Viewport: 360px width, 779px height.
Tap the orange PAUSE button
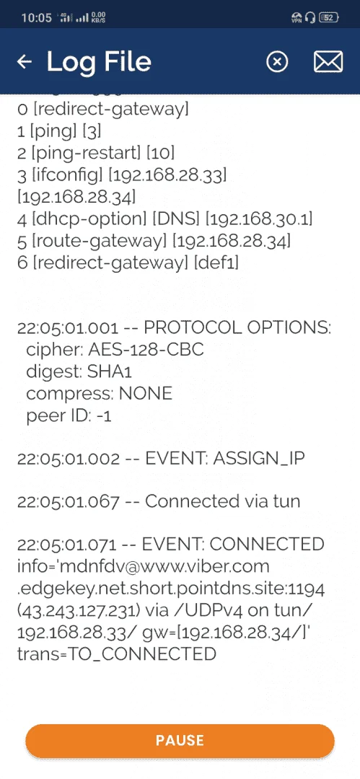[x=180, y=741]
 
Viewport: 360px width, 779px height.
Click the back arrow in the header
[x=24, y=61]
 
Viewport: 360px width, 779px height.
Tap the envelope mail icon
[x=328, y=62]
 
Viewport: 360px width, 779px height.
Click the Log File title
[x=99, y=61]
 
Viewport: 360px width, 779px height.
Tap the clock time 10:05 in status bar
[x=37, y=18]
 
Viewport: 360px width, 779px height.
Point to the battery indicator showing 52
[x=329, y=18]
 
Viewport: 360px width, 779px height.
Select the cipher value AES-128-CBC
[x=146, y=349]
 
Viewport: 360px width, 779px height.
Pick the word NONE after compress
[x=145, y=394]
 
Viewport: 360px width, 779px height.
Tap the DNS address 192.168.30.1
[x=260, y=219]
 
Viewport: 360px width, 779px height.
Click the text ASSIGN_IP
[x=258, y=459]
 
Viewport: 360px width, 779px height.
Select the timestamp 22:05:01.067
[x=68, y=501]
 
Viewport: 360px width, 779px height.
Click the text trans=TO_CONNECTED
[x=116, y=653]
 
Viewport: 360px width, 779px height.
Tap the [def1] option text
[x=216, y=263]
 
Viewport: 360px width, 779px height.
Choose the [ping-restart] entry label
[x=86, y=153]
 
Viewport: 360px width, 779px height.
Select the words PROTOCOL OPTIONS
[x=237, y=328]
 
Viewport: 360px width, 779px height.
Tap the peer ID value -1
[x=104, y=415]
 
